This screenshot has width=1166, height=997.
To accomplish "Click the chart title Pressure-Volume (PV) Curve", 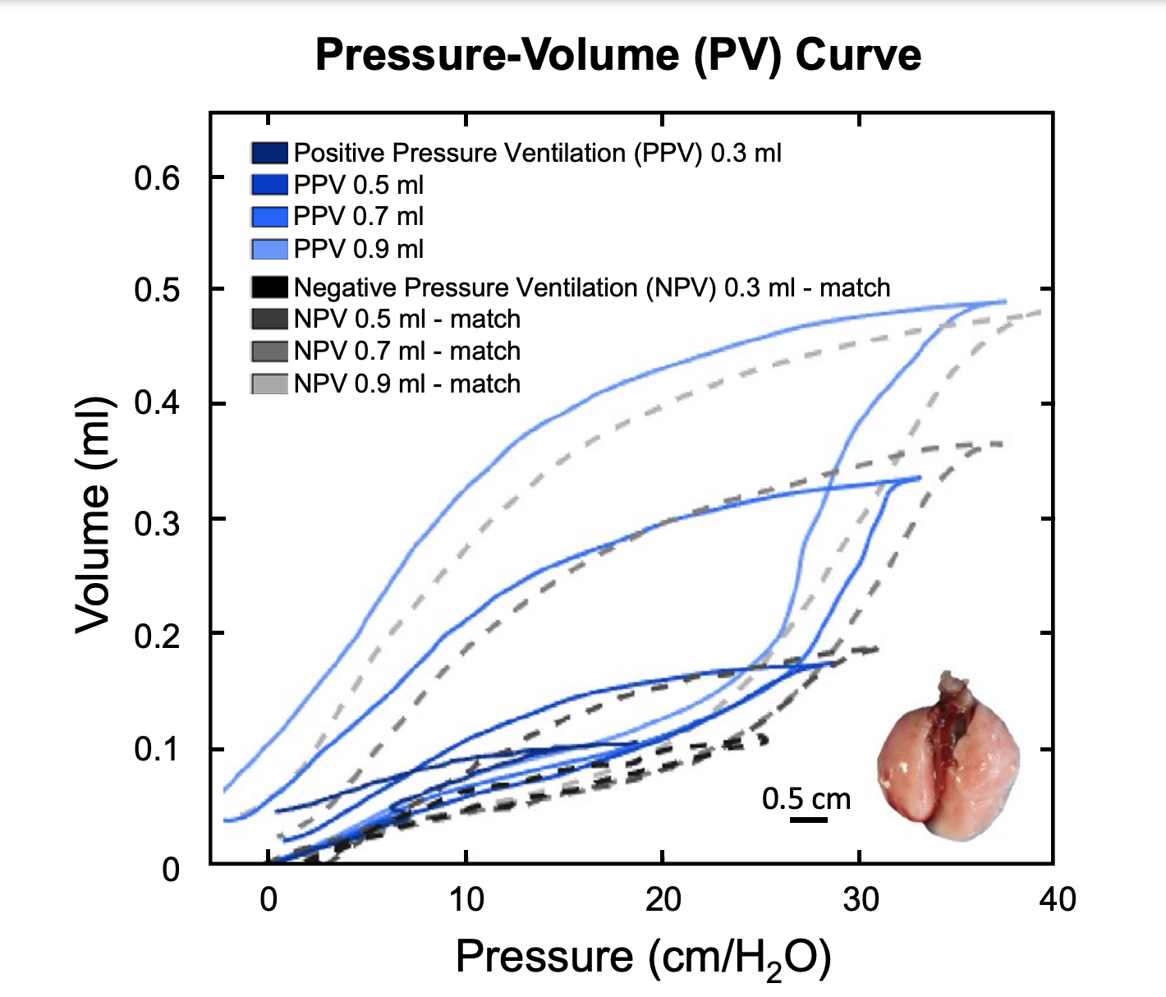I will (x=617, y=55).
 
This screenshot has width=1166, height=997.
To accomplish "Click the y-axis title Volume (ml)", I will (x=93, y=516).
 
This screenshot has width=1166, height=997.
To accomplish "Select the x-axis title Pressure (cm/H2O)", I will (x=643, y=958).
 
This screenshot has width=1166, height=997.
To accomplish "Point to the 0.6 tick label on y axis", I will (x=157, y=177).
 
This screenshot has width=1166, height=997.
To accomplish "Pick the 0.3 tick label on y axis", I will (x=157, y=522).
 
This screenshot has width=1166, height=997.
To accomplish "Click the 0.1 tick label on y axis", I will (x=157, y=750).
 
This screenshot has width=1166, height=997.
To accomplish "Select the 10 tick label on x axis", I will (x=466, y=900).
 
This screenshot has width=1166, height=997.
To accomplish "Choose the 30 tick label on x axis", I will (x=861, y=900).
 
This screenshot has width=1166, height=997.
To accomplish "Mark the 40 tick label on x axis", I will (x=1057, y=900).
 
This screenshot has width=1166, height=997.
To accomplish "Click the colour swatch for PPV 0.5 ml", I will (x=269, y=185).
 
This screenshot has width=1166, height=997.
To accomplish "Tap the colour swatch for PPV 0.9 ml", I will (x=269, y=249).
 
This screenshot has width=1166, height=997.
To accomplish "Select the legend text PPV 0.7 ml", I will (x=359, y=217).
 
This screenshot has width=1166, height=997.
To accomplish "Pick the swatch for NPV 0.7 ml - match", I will (x=269, y=351).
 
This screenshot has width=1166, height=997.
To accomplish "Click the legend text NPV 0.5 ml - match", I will (x=407, y=319).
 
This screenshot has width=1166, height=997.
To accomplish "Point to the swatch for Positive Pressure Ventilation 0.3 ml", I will (x=269, y=154).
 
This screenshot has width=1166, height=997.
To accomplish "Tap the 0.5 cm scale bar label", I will (x=806, y=798).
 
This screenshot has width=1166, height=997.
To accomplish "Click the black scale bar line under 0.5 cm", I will (x=809, y=819).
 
